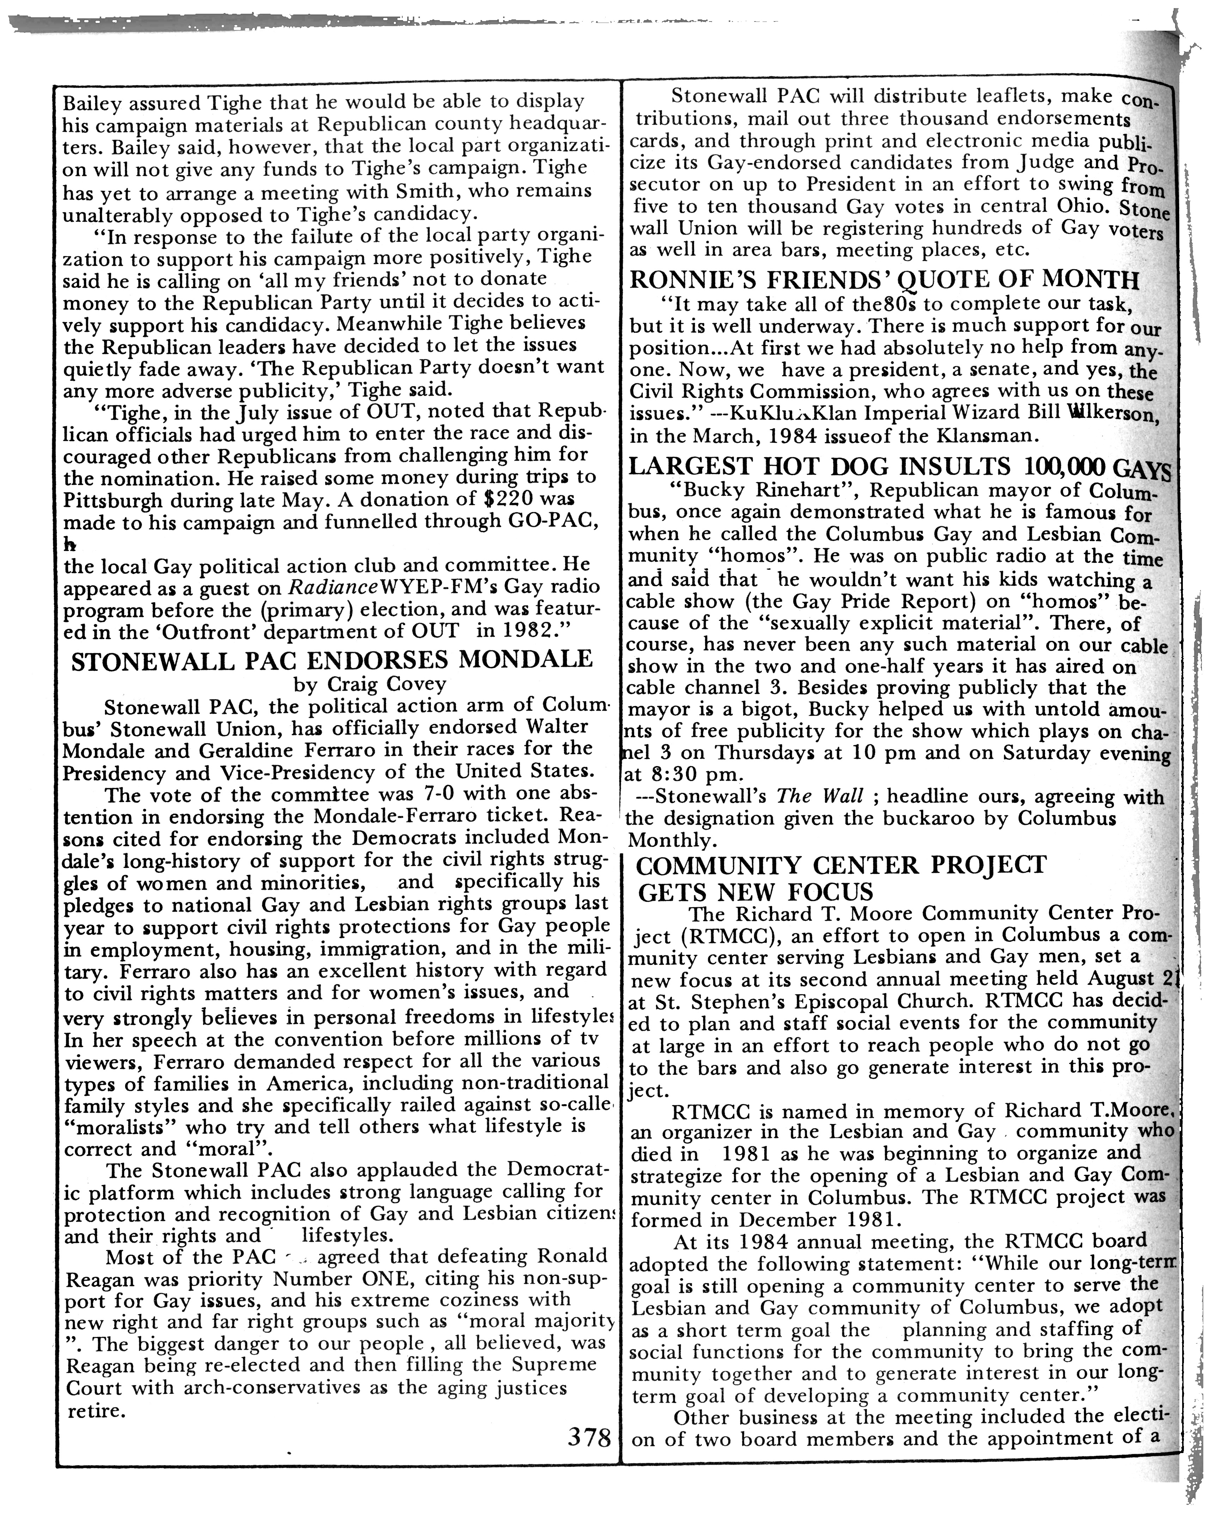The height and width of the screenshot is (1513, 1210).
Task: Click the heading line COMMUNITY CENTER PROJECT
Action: [840, 864]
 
